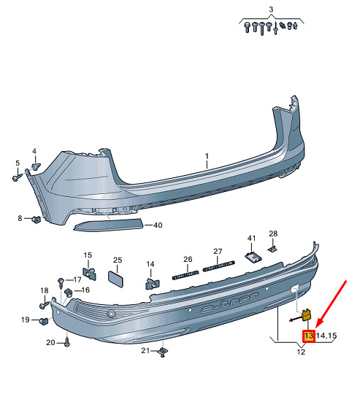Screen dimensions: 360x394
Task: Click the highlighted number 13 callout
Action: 308,336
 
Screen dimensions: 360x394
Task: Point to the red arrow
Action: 331,304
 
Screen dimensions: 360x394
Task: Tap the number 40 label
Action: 158,225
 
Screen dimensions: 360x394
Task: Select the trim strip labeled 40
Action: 108,225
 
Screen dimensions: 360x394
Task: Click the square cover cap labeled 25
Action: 115,278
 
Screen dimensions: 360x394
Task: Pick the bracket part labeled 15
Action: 90,274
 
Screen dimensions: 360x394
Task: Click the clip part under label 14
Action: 153,283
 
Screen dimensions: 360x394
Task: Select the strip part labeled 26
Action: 185,275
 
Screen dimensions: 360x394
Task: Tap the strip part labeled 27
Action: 219,266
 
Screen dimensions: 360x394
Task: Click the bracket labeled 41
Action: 253,257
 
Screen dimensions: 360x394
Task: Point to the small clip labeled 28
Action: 272,249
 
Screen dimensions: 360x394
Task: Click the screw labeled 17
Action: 61,282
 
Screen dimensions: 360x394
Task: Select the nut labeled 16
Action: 68,293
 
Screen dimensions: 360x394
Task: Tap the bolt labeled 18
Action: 45,305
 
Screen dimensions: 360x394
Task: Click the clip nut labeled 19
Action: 44,320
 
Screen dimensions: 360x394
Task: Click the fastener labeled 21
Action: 163,352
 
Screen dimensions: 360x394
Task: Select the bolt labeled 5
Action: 18,177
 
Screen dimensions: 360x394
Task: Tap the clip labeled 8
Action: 37,220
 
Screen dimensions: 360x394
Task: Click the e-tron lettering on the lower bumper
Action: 230,303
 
